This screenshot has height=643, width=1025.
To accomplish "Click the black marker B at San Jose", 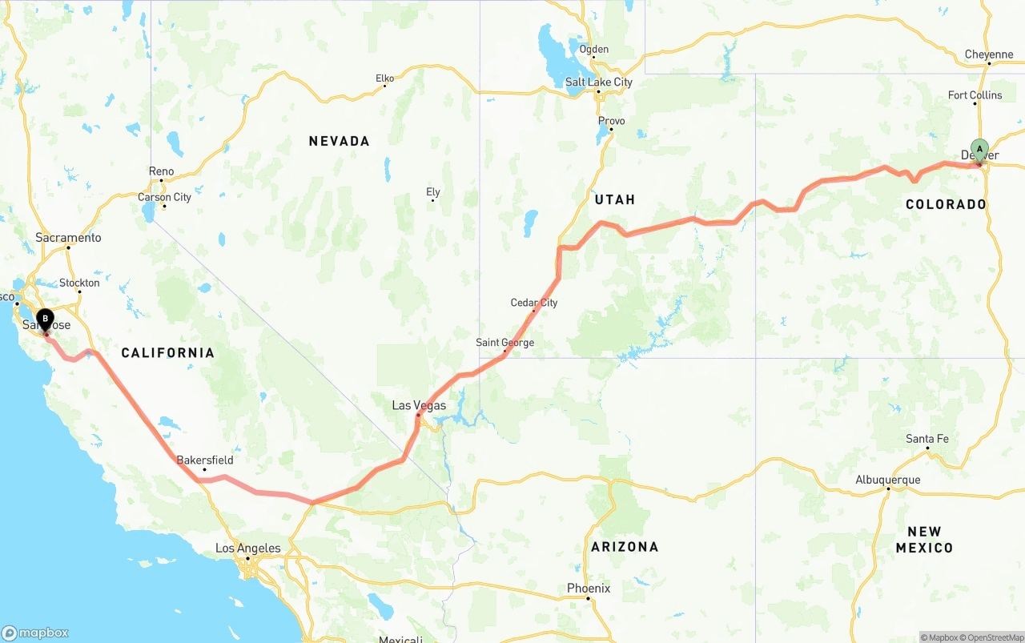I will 46,320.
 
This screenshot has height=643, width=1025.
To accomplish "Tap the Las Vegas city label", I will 419,405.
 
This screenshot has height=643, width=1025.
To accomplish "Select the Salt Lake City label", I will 598,82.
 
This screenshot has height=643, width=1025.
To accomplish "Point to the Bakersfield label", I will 205,460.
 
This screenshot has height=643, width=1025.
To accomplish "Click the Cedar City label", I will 534,303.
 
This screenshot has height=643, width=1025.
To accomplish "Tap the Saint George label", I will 504,343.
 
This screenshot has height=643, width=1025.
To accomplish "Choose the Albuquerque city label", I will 887,480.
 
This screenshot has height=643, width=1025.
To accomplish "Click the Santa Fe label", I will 927,439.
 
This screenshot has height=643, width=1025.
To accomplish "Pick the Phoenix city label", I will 589,588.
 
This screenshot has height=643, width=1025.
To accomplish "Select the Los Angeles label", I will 248,549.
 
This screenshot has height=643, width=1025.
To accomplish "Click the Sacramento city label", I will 68,237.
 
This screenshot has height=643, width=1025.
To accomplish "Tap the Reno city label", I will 161,171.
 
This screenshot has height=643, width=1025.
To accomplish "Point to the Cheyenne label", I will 989,54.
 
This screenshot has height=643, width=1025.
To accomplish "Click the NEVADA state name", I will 340,141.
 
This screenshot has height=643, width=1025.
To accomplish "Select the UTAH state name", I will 615,199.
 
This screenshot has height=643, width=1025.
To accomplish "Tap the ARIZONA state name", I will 625,547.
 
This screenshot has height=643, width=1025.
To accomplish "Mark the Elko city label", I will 384,78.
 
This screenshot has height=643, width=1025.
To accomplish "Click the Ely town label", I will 433,192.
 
